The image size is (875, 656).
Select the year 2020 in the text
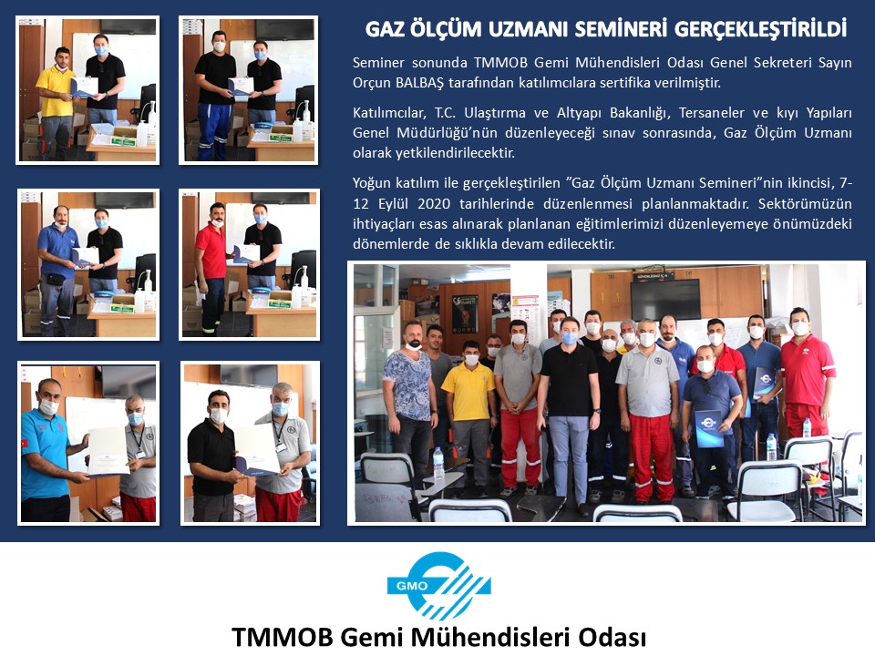point(434,203)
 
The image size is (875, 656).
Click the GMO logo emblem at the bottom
point(438,586)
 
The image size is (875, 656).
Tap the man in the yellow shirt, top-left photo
point(56,103)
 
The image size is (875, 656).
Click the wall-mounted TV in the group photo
point(665,299)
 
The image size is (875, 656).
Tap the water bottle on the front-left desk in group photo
point(438,463)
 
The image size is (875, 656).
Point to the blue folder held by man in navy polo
point(709,428)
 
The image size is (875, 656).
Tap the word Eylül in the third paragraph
point(394,203)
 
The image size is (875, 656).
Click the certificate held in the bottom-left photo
point(108,452)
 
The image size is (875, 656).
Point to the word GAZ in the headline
point(385,29)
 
